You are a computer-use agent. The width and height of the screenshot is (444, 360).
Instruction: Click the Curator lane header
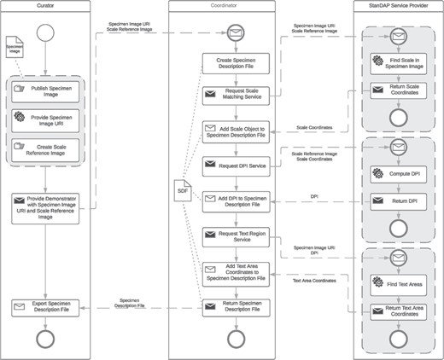(46, 6)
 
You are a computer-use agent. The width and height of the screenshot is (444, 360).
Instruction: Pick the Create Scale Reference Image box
(46, 151)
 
